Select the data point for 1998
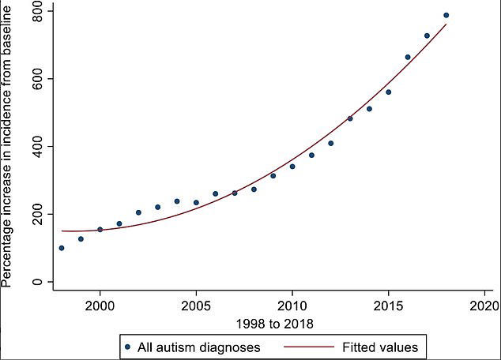tap(62, 248)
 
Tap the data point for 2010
tap(292, 167)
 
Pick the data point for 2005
tap(196, 203)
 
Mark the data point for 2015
tap(388, 92)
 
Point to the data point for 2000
tap(100, 230)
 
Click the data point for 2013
tap(350, 118)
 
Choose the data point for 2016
tap(408, 57)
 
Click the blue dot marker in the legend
tap(127, 346)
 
